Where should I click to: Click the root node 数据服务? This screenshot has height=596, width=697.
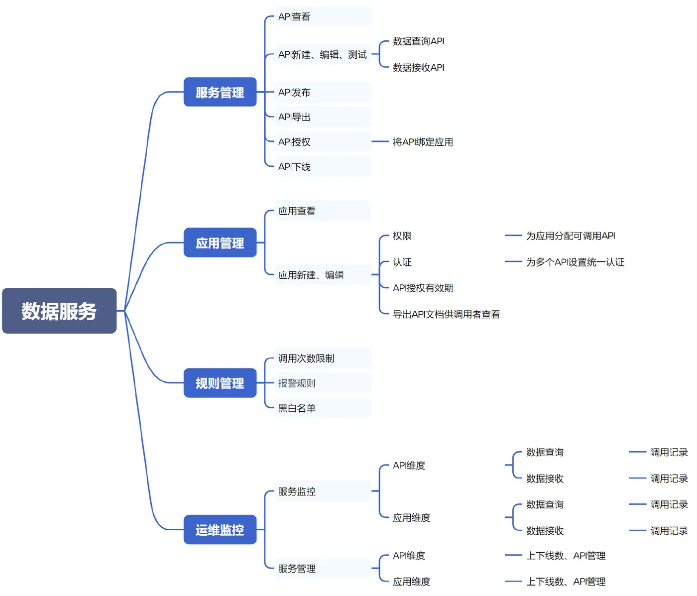tap(59, 310)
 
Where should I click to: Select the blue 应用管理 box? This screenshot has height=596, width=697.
tap(220, 242)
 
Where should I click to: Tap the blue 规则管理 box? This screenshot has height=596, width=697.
tap(220, 382)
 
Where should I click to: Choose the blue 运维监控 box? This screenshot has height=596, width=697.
tap(220, 529)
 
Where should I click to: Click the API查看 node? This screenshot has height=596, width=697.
tap(323, 16)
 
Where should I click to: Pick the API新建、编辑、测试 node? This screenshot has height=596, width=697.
tap(323, 54)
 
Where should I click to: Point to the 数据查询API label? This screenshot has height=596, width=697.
tap(418, 41)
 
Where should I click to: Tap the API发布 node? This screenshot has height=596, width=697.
tap(323, 92)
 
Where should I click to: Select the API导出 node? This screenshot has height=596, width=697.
tap(323, 117)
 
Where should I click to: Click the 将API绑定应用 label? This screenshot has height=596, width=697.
tap(423, 142)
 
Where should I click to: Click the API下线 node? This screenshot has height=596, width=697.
tap(323, 166)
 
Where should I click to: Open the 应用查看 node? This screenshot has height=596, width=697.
tap(323, 211)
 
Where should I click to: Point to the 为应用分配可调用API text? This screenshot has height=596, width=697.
tap(571, 236)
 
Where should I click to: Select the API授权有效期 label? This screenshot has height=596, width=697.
tap(423, 288)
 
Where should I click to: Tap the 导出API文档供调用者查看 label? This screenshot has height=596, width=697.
tap(446, 314)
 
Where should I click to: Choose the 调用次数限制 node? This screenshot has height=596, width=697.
tap(323, 358)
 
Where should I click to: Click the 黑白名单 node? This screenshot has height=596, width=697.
tap(323, 408)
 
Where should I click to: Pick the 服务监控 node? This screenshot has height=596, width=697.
tap(323, 491)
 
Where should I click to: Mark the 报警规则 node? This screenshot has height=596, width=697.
tap(323, 383)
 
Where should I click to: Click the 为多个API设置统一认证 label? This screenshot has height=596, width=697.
tap(575, 262)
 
